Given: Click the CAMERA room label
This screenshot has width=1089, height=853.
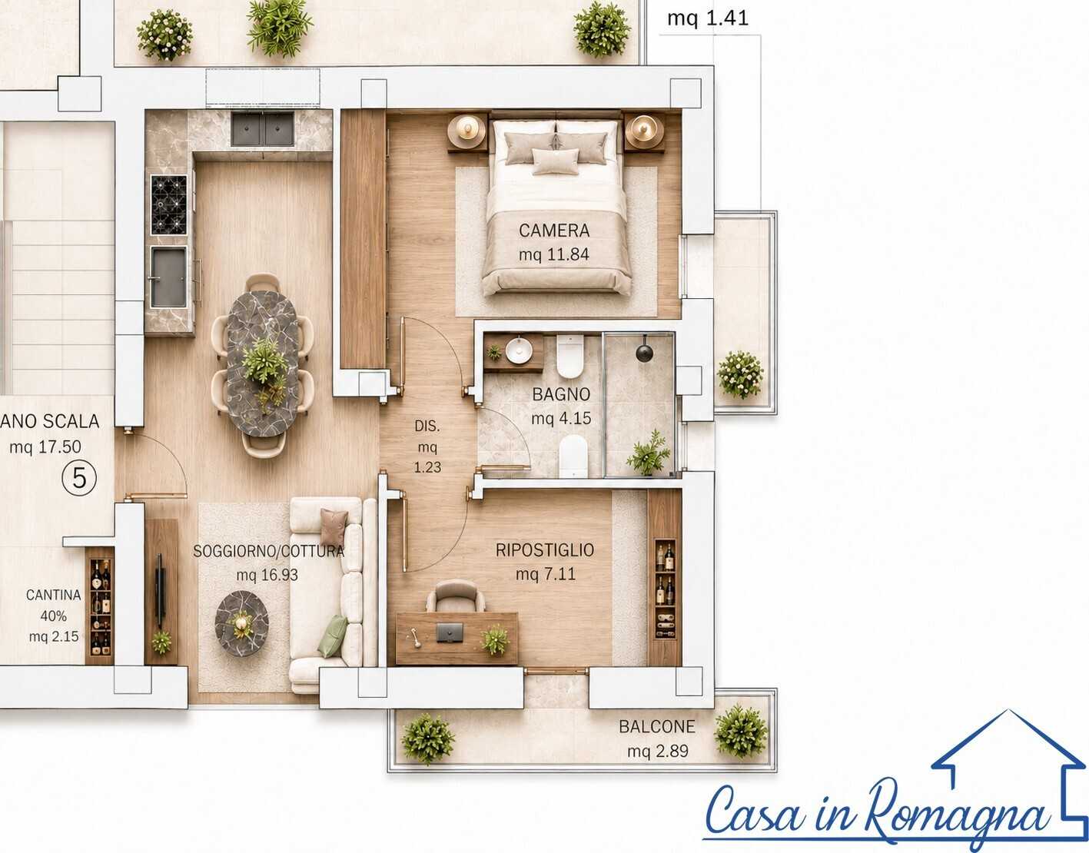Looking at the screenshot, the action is pyautogui.click(x=554, y=231).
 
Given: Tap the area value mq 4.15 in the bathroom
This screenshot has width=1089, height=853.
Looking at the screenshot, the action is pyautogui.click(x=561, y=418).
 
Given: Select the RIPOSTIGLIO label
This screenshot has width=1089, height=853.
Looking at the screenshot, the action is pyautogui.click(x=545, y=550).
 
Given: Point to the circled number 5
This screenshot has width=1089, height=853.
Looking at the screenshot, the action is pyautogui.click(x=79, y=478).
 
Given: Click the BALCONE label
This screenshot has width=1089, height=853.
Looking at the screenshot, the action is pyautogui.click(x=657, y=726).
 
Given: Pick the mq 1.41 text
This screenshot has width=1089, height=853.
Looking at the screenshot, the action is pyautogui.click(x=708, y=18).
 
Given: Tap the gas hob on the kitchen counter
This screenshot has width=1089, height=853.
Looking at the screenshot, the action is pyautogui.click(x=168, y=204).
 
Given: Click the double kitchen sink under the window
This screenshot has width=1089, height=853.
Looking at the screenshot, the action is pyautogui.click(x=262, y=129).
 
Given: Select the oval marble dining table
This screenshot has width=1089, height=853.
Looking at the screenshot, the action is pyautogui.click(x=263, y=363).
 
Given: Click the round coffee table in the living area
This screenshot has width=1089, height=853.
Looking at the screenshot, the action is pyautogui.click(x=241, y=623).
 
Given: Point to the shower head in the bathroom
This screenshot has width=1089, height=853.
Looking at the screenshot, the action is pyautogui.click(x=645, y=353).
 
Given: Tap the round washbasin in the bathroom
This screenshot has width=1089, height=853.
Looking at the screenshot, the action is pyautogui.click(x=519, y=350).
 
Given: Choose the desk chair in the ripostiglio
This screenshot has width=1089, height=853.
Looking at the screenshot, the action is pyautogui.click(x=456, y=596).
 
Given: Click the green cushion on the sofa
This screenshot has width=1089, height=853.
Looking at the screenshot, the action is pyautogui.click(x=334, y=636).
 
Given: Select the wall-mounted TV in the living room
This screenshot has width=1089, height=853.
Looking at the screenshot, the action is pyautogui.click(x=160, y=591).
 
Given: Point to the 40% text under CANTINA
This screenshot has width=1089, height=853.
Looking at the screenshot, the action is pyautogui.click(x=54, y=616).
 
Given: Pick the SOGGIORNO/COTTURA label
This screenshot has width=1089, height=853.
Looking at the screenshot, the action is pyautogui.click(x=269, y=551).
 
